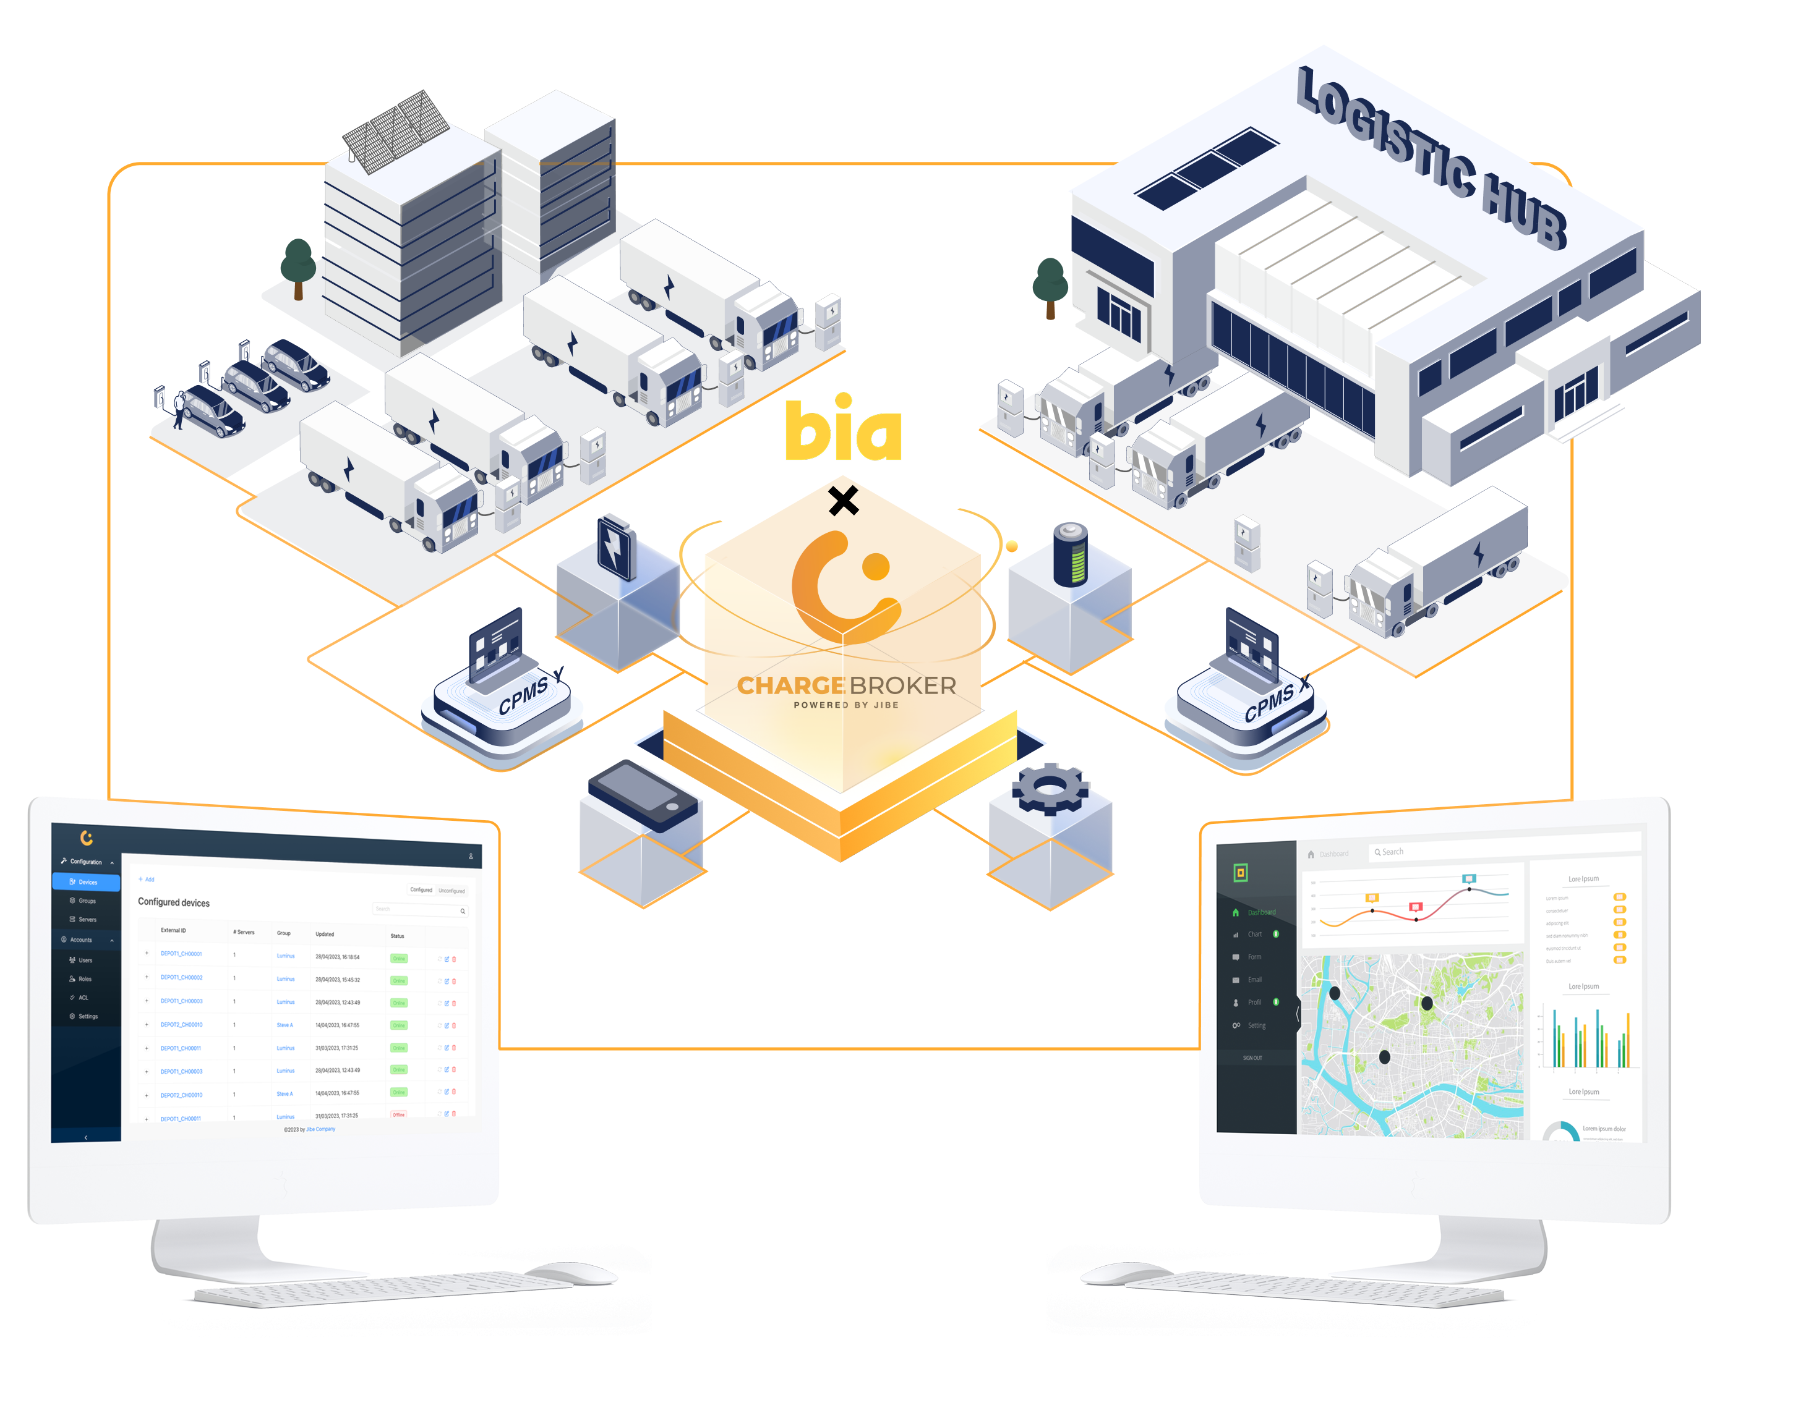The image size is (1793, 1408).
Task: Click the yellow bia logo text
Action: pos(843,430)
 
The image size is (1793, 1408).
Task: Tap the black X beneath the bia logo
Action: pos(843,501)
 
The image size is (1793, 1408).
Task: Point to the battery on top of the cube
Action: pos(1070,554)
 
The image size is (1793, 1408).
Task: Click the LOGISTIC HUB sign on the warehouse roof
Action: pos(1431,156)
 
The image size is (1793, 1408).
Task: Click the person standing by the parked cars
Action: pos(178,410)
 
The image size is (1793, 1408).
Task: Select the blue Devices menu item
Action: pos(87,882)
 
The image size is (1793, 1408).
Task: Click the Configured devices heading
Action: pos(173,902)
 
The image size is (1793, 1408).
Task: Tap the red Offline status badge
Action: pos(398,1114)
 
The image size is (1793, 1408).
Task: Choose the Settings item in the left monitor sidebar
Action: pos(87,1016)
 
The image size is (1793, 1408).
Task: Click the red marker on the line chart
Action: pos(1415,907)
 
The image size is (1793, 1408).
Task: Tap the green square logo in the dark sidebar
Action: pos(1239,872)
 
